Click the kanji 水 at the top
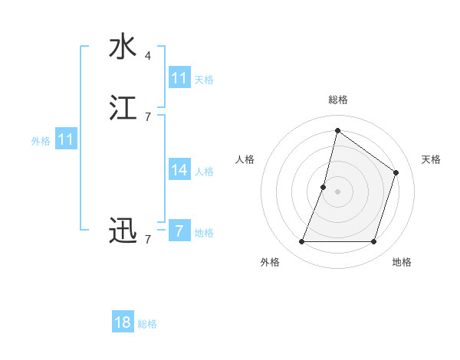click(123, 47)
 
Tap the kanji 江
click(123, 108)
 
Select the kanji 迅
click(123, 231)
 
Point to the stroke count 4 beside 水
click(148, 56)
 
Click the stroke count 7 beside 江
click(148, 117)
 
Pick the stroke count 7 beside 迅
click(148, 240)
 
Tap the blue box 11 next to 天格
click(179, 78)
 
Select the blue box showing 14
click(179, 170)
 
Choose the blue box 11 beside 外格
click(66, 139)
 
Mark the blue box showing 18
click(123, 322)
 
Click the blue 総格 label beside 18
click(147, 324)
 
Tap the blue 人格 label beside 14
click(204, 172)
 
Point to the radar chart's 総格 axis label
click(337, 100)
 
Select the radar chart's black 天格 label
click(432, 159)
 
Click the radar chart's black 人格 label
click(245, 159)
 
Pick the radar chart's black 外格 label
click(270, 262)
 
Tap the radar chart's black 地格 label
click(402, 262)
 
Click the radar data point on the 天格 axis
click(396, 172)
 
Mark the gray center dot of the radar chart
click(337, 191)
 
